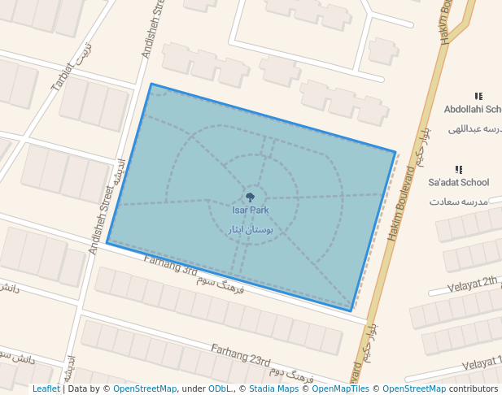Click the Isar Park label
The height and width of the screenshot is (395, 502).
pos(250,211)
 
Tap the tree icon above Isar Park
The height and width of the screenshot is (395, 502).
pos(250,197)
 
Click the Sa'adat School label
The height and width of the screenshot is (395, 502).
pos(458,183)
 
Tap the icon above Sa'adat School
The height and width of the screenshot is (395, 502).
pos(459,169)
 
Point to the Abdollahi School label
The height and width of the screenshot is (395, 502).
pos(473,110)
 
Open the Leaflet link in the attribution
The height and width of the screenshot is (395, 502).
pos(46,388)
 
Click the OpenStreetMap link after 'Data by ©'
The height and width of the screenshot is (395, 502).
pos(144,388)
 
